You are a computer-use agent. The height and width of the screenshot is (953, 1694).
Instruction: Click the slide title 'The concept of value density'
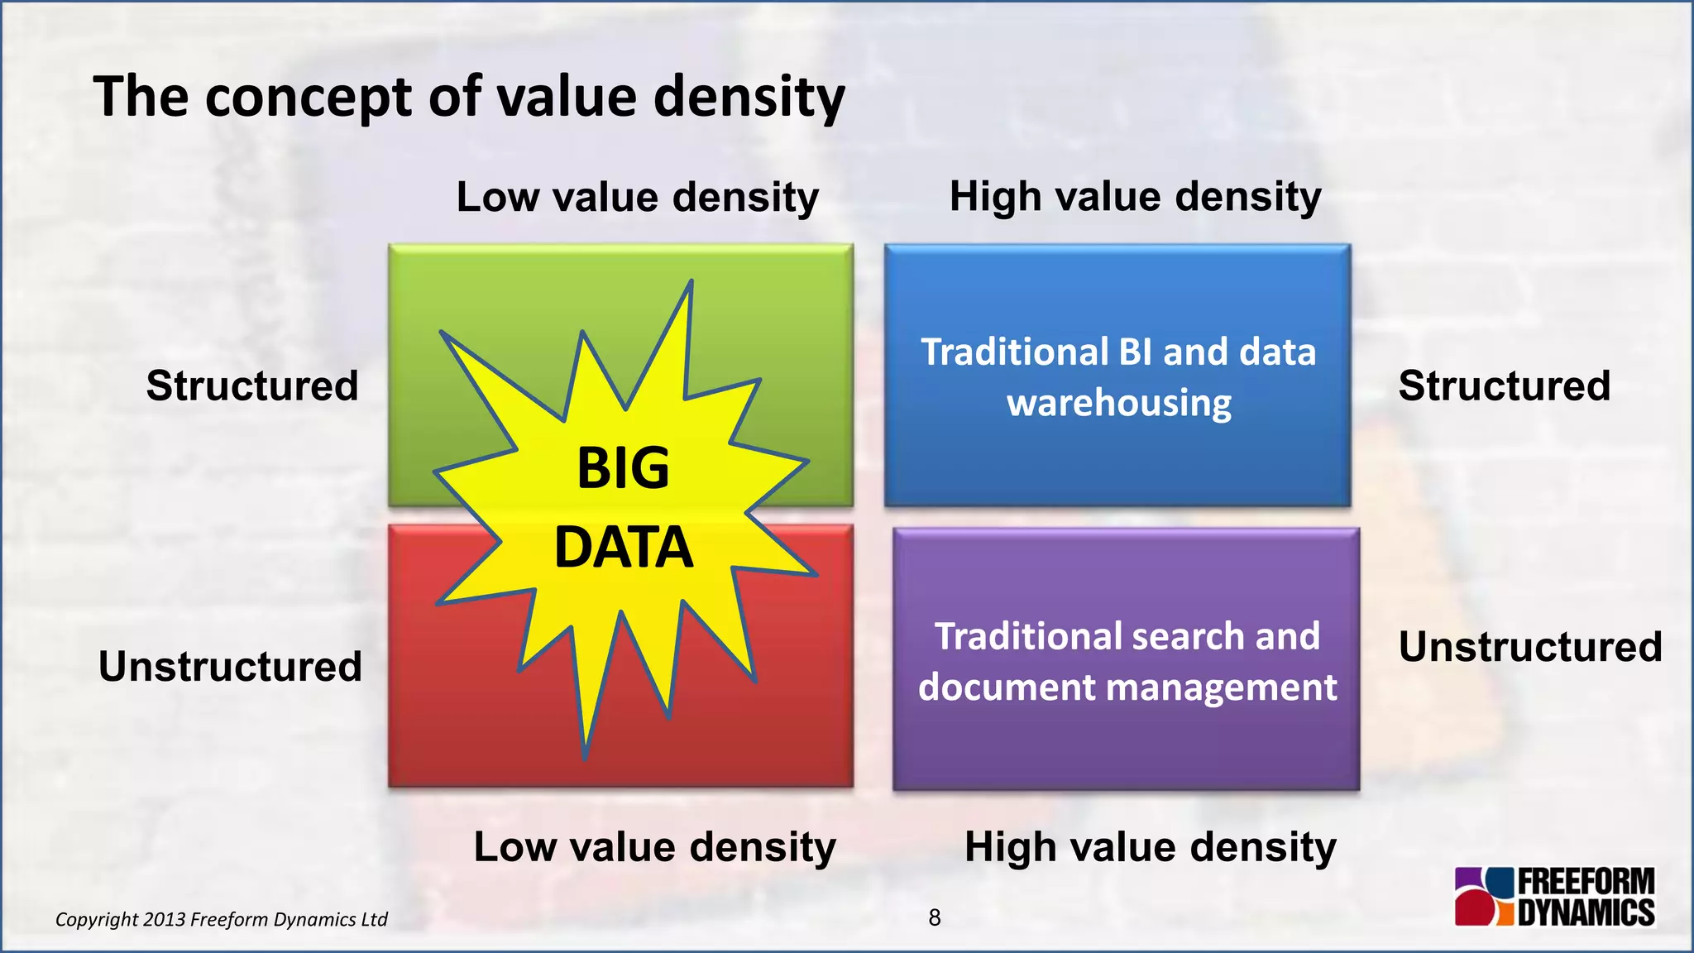pos(468,98)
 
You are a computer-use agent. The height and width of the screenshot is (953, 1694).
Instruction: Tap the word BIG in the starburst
pos(623,468)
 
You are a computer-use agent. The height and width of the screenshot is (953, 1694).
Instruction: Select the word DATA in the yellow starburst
pos(623,548)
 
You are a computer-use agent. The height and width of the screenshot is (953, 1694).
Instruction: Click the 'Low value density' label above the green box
pos(637,198)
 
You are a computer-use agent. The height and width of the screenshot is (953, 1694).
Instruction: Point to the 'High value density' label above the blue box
pos(1135,198)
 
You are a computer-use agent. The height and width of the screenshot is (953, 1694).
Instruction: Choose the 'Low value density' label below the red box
pos(654,848)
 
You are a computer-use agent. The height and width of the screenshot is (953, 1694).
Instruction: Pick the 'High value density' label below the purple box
pos(1150,848)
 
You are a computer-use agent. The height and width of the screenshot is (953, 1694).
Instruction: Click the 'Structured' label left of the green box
pos(252,386)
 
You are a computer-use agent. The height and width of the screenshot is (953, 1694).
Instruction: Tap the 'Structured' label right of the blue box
pos(1504,386)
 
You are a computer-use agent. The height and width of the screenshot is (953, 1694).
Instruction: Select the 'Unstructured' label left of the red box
pos(230,667)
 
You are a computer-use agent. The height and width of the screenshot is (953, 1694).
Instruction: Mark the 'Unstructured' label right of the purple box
pos(1530,647)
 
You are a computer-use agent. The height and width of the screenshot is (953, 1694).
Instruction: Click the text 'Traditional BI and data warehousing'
pos(1118,377)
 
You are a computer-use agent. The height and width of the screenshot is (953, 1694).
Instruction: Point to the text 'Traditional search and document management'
pos(1127,662)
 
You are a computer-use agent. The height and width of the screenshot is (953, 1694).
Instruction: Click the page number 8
pos(935,917)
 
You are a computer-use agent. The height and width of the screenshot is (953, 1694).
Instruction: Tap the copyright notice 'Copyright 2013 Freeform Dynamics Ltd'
pos(221,919)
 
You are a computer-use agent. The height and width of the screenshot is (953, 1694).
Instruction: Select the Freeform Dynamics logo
pos(1554,896)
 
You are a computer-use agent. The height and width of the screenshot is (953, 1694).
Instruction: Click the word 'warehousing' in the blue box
pos(1118,403)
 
